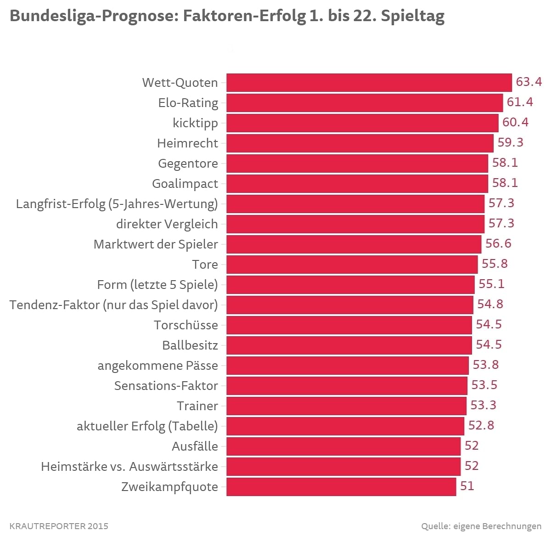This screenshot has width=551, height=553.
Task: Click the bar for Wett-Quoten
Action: click(x=369, y=83)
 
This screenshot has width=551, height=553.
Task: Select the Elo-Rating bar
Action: click(x=365, y=103)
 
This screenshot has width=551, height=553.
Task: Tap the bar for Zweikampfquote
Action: click(x=341, y=487)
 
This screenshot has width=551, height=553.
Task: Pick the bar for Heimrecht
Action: click(x=360, y=143)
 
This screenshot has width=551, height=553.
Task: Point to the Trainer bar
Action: click(x=346, y=406)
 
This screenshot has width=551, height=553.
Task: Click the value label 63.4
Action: click(x=529, y=82)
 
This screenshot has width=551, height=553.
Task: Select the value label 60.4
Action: click(x=515, y=123)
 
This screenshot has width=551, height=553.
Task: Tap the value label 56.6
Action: click(x=498, y=243)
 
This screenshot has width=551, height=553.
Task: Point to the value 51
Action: click(x=467, y=486)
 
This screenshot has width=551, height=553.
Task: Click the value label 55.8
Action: click(x=495, y=264)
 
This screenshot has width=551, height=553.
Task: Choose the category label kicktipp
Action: click(x=195, y=123)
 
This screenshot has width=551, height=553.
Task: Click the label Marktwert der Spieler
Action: click(x=156, y=244)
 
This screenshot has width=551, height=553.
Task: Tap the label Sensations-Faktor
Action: click(x=166, y=386)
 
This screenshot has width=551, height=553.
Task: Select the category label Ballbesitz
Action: click(x=190, y=345)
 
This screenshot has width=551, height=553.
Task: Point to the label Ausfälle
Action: click(x=195, y=446)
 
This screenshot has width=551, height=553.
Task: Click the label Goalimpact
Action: click(x=185, y=184)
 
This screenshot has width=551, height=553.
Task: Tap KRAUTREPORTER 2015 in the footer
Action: click(x=59, y=526)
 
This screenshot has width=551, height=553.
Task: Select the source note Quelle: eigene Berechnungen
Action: click(x=481, y=526)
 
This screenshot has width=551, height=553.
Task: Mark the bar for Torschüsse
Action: click(x=349, y=325)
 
